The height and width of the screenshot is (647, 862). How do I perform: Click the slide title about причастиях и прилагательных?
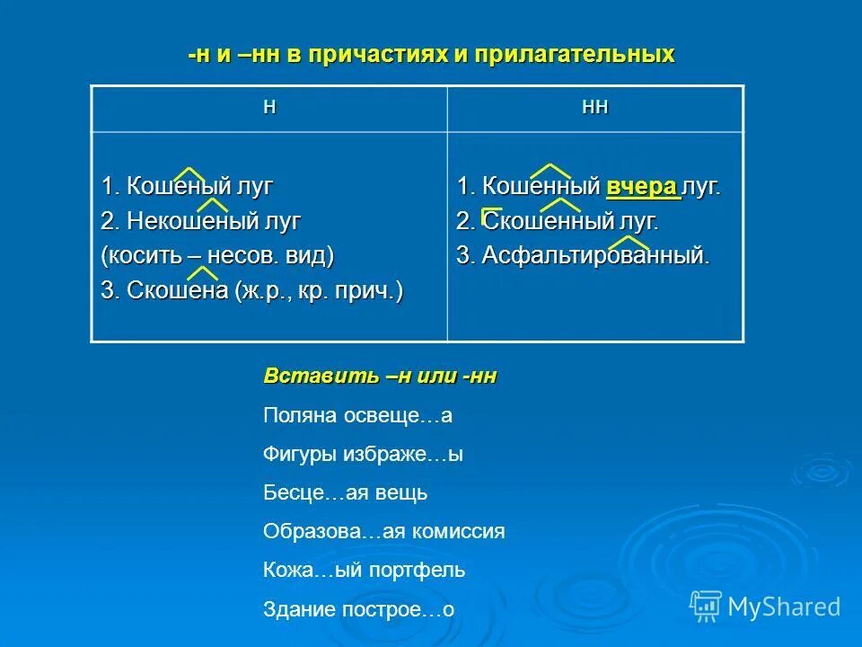coord(431,55)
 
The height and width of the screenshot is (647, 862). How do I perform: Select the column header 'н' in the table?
coord(269,107)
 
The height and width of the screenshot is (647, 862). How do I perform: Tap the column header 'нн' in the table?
coord(595,107)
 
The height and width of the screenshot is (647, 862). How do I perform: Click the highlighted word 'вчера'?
coord(642,187)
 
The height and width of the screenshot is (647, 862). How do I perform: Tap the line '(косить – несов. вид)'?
coord(217,255)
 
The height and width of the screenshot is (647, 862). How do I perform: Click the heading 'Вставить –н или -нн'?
coord(380,377)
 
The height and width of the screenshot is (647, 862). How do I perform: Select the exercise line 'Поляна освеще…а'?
coord(357,416)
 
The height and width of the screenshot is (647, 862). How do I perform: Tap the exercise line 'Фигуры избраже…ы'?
coord(363,455)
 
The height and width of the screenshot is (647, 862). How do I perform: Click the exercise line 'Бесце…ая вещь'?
coord(345,493)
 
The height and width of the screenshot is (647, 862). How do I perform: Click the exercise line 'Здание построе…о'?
coord(358,609)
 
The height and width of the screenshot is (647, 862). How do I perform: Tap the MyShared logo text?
coord(784,607)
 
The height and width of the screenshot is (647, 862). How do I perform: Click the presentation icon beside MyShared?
coord(705,607)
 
